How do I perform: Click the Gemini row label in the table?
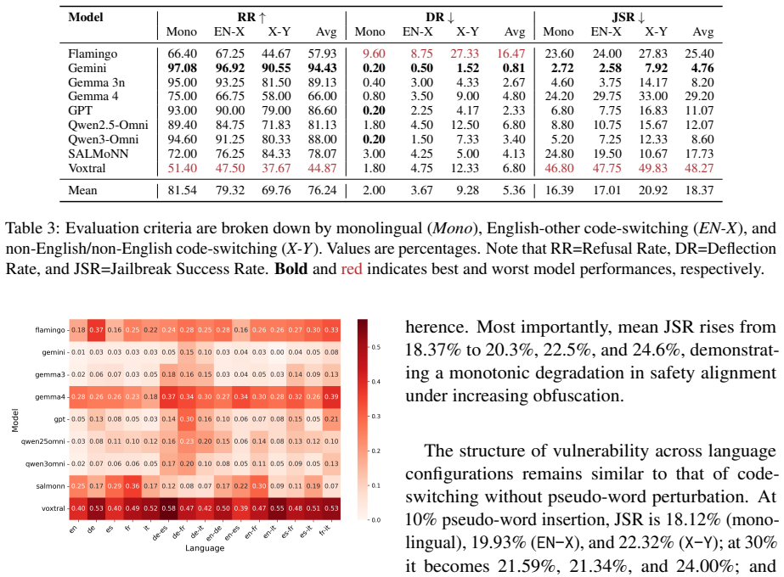pos(87,68)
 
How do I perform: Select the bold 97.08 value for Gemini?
pos(182,68)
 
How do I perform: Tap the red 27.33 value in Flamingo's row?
pos(465,53)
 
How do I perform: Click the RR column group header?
pos(251,17)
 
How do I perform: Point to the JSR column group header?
pos(628,17)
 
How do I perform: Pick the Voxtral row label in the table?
pos(87,168)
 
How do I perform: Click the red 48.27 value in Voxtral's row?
pos(699,168)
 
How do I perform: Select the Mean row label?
pos(82,190)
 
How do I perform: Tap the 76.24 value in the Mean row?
pos(323,190)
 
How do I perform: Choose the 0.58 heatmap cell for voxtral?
pos(168,508)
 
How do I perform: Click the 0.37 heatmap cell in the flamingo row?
pos(96,330)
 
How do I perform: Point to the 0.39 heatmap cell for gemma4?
pos(331,396)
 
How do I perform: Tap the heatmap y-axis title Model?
pos(15,420)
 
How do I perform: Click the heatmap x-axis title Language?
pos(205,548)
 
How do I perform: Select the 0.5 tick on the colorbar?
pos(375,347)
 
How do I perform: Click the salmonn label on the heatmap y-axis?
pos(50,486)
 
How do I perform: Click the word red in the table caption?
pos(352,269)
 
